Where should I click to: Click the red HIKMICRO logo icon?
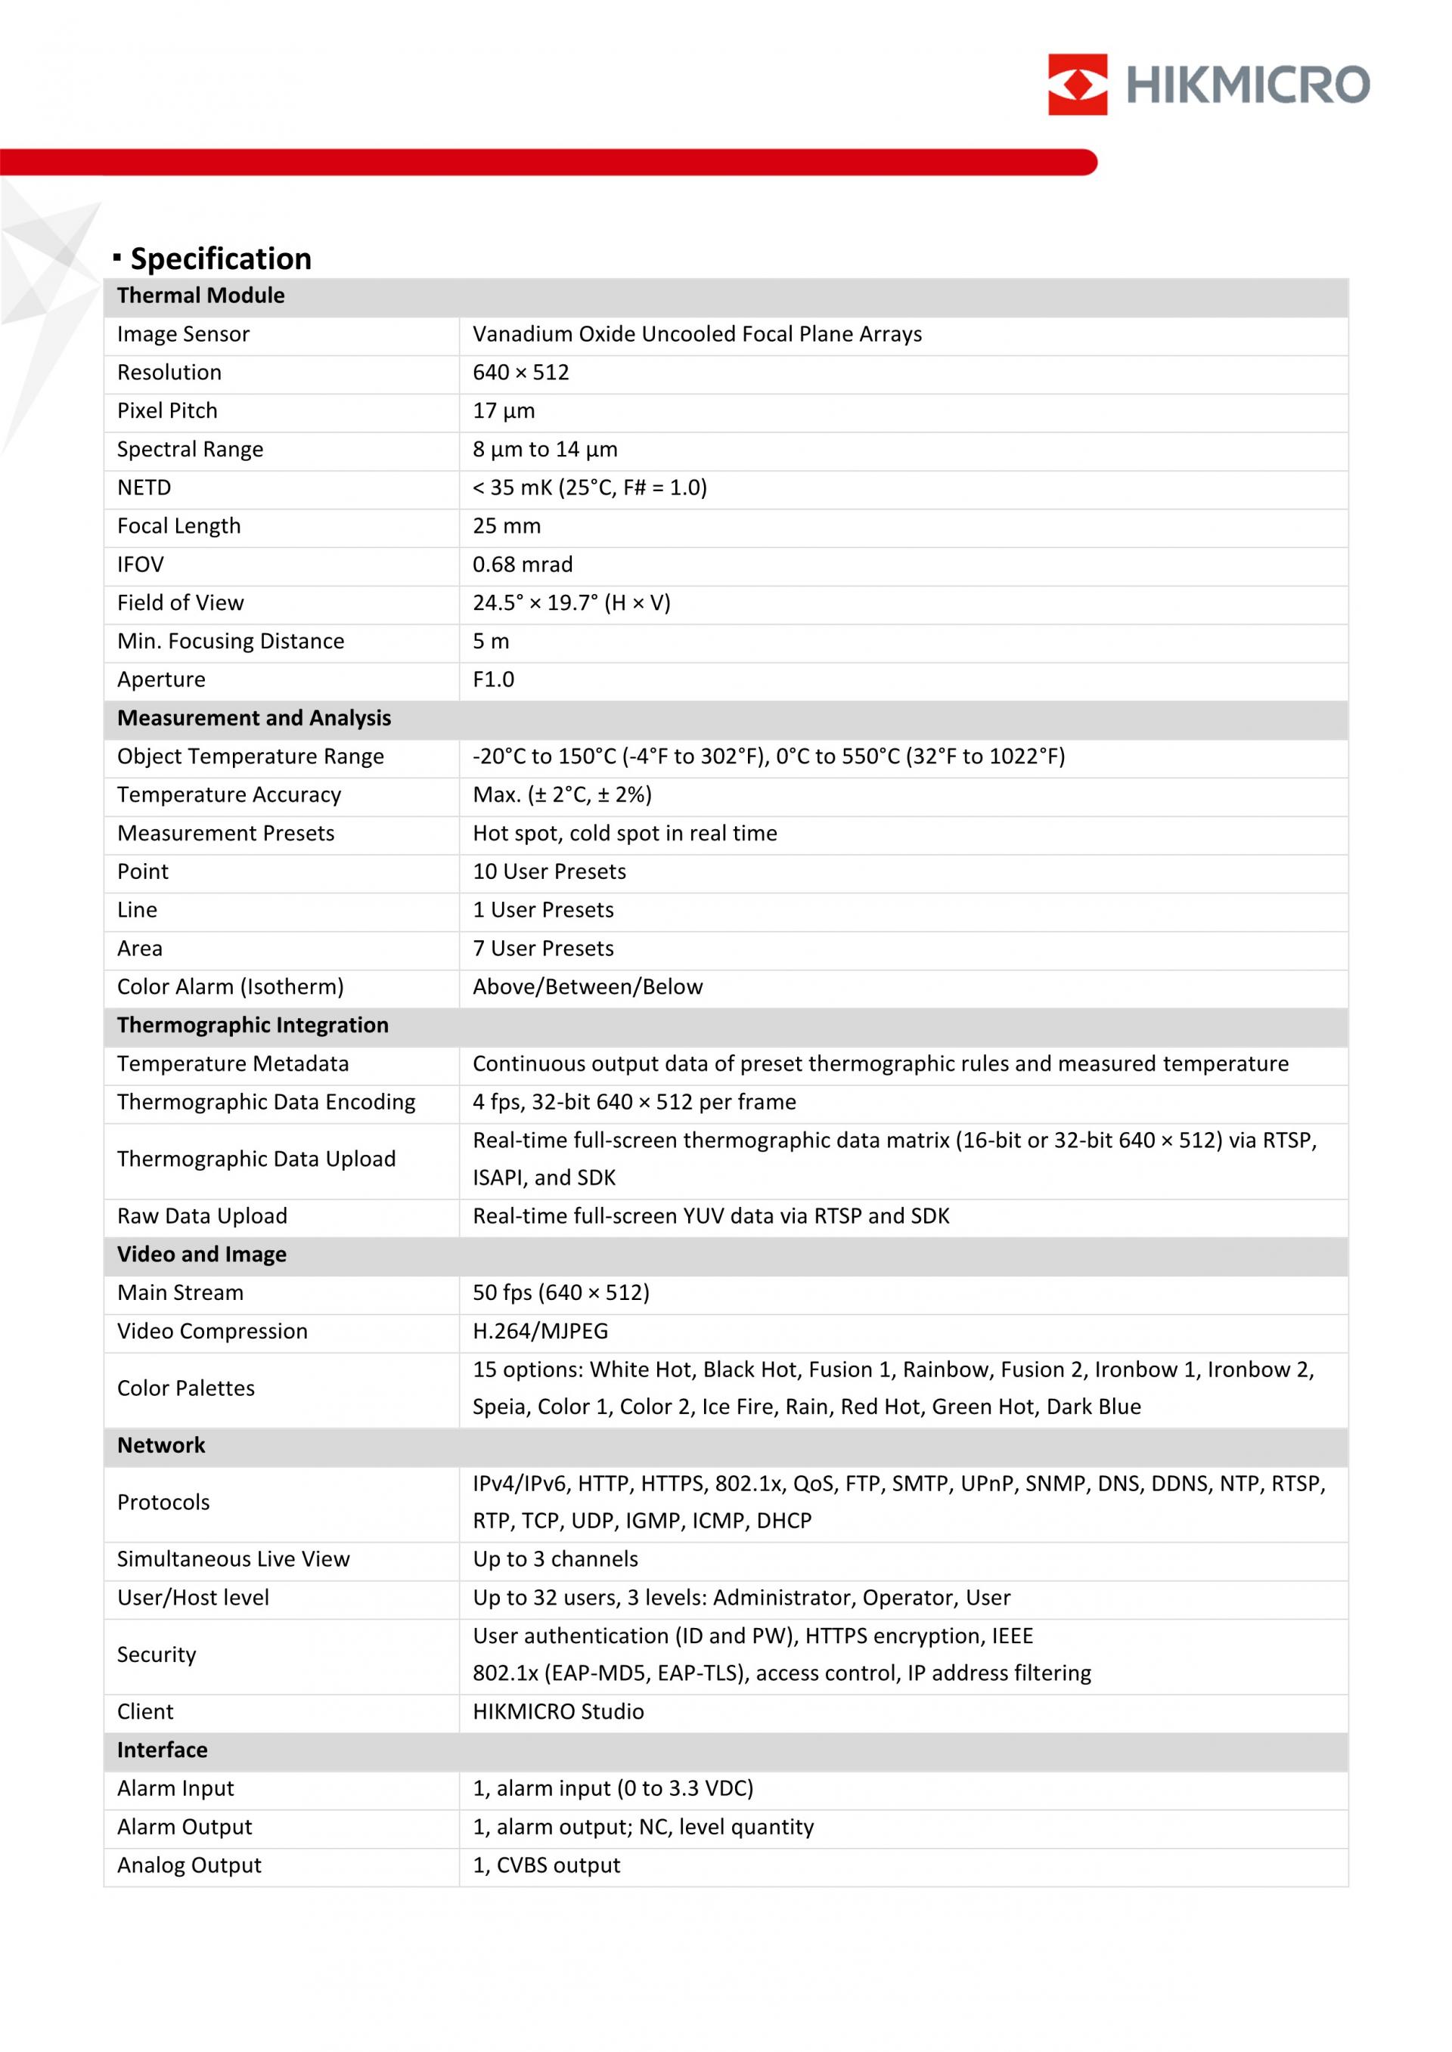1078,84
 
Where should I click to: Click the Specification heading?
221,259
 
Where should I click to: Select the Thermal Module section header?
201,296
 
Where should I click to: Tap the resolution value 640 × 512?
520,373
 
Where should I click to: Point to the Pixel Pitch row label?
167,411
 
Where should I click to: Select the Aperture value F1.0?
494,680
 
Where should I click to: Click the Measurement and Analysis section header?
254,719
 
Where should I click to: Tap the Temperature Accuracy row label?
229,795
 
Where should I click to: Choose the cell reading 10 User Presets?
549,872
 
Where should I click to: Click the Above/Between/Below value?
588,988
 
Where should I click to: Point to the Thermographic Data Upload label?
256,1159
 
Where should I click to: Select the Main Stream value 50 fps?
560,1293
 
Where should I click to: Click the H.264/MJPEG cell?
540,1332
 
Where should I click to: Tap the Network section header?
161,1446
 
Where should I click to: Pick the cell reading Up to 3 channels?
555,1559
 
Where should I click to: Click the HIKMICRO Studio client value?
558,1713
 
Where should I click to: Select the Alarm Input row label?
175,1789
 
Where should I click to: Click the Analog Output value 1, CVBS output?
546,1866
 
